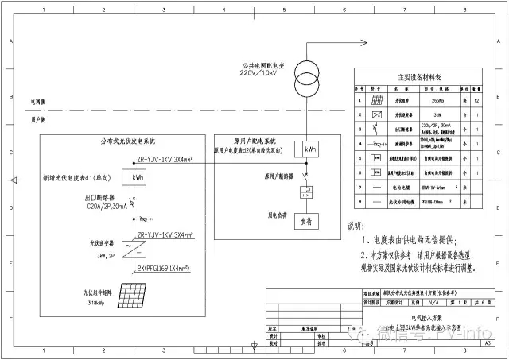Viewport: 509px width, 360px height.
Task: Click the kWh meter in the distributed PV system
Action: click(138, 176)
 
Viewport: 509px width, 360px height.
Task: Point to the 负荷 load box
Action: click(305, 220)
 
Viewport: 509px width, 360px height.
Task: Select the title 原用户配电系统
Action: click(259, 141)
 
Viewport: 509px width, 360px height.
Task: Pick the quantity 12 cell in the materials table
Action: click(476, 101)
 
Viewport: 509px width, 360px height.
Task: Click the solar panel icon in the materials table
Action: click(376, 101)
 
